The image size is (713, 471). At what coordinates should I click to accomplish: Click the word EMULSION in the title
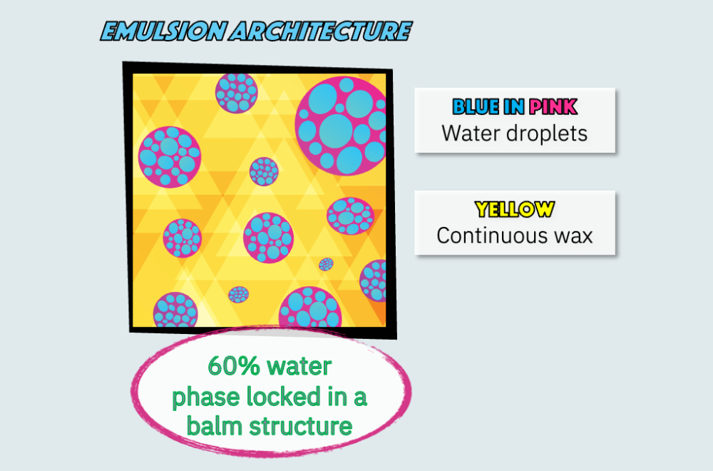coord(163,31)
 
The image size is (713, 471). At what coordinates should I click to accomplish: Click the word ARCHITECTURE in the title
coord(321,31)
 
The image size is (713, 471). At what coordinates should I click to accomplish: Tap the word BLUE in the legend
coord(476,107)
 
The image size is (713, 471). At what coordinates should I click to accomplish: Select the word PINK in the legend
coord(553,107)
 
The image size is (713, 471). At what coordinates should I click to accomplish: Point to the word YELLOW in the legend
coord(515,209)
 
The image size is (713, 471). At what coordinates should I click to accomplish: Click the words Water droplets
coord(514,133)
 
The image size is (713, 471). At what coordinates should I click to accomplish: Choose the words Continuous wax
coord(515,235)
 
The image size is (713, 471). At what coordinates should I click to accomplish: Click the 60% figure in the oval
coord(234,366)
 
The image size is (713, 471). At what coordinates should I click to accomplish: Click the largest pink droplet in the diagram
coord(341,126)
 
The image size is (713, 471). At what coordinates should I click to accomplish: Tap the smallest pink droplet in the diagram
coord(326,264)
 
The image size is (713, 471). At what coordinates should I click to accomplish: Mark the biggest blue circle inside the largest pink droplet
coord(336,131)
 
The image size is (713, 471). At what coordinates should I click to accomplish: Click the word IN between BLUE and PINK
coord(514,107)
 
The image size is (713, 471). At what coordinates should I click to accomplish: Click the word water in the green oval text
coord(299,366)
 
